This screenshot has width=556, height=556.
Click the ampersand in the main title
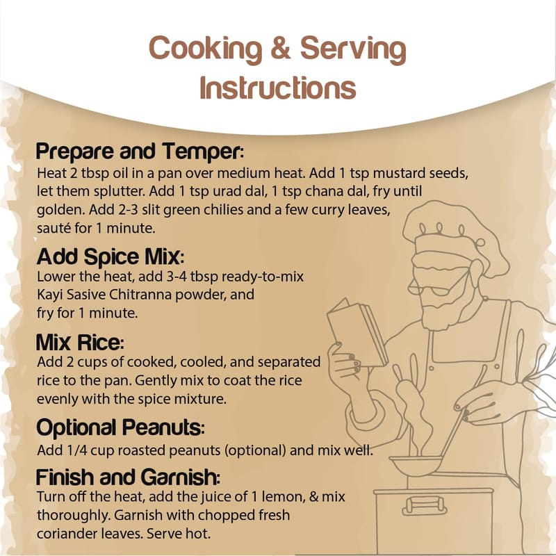pyautogui.click(x=280, y=48)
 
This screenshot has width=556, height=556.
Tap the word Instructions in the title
pyautogui.click(x=277, y=88)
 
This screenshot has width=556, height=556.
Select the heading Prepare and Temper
pyautogui.click(x=140, y=152)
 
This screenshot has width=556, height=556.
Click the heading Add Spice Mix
pyautogui.click(x=111, y=256)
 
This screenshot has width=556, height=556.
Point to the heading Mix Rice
pyautogui.click(x=80, y=342)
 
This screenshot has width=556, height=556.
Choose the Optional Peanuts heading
pyautogui.click(x=120, y=427)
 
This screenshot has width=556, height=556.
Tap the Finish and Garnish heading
pyautogui.click(x=128, y=477)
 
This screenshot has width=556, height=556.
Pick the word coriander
pyautogui.click(x=67, y=533)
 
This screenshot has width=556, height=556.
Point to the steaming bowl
pyautogui.click(x=416, y=465)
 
